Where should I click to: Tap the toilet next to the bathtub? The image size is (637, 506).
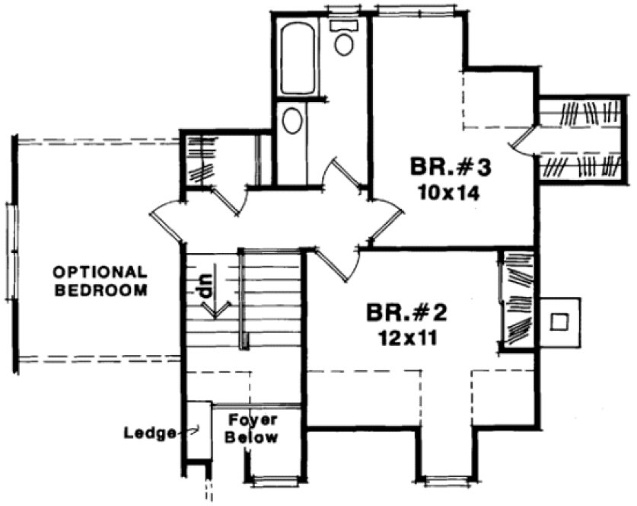pos(344,38)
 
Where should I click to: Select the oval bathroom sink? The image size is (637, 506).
pos(291,121)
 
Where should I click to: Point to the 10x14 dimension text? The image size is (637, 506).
pos(448,193)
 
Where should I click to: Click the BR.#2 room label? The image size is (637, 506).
pos(404,312)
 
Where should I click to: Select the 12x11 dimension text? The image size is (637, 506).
pos(404,338)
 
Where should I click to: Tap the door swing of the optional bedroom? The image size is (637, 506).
pos(166,222)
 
